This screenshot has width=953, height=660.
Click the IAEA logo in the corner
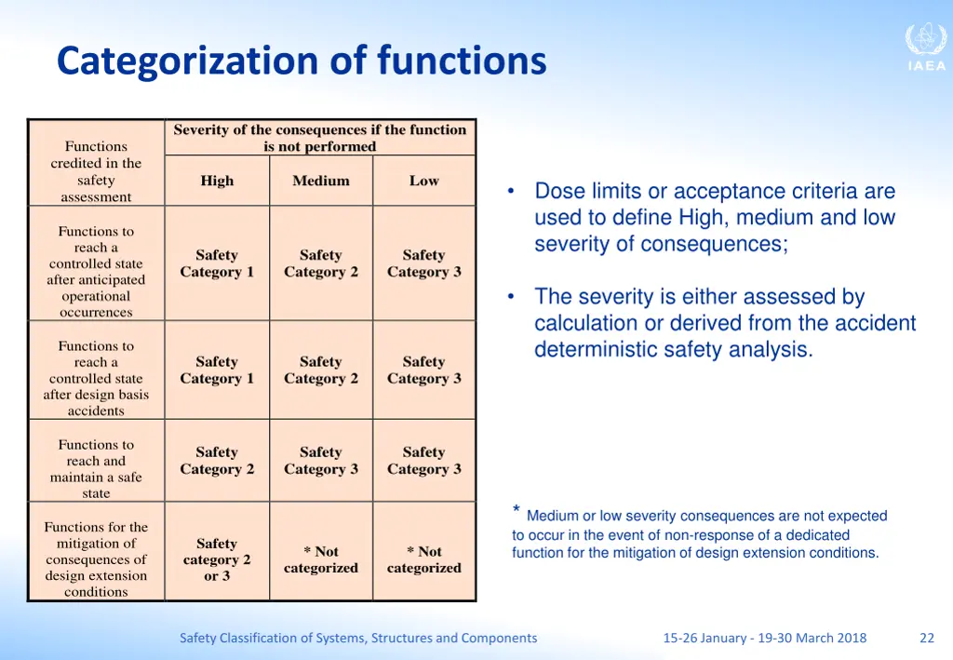pyautogui.click(x=925, y=47)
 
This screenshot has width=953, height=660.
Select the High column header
pyautogui.click(x=217, y=181)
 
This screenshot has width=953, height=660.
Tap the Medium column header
pyautogui.click(x=321, y=181)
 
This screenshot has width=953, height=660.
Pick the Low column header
pyautogui.click(x=423, y=181)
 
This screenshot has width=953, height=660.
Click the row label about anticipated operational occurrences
pyautogui.click(x=96, y=272)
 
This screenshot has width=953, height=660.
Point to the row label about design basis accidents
pyautogui.click(x=96, y=378)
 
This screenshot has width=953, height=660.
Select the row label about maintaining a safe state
pyautogui.click(x=96, y=469)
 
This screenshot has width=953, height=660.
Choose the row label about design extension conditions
pyautogui.click(x=96, y=559)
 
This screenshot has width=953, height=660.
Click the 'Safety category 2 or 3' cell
pyautogui.click(x=217, y=559)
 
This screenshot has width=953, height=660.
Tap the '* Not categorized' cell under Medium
pyautogui.click(x=321, y=559)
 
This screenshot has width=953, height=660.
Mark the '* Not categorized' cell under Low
pyautogui.click(x=423, y=559)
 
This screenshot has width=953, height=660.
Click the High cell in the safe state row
pyautogui.click(x=217, y=461)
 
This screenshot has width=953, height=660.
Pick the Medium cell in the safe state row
pyautogui.click(x=321, y=461)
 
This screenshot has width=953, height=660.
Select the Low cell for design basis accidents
pyautogui.click(x=423, y=370)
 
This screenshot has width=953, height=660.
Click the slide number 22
pyautogui.click(x=926, y=638)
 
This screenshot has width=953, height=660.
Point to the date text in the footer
pyautogui.click(x=764, y=638)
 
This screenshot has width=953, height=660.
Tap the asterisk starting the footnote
pyautogui.click(x=516, y=510)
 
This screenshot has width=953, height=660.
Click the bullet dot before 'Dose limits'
pyautogui.click(x=511, y=192)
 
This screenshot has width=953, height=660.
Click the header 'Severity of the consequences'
pyautogui.click(x=319, y=138)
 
